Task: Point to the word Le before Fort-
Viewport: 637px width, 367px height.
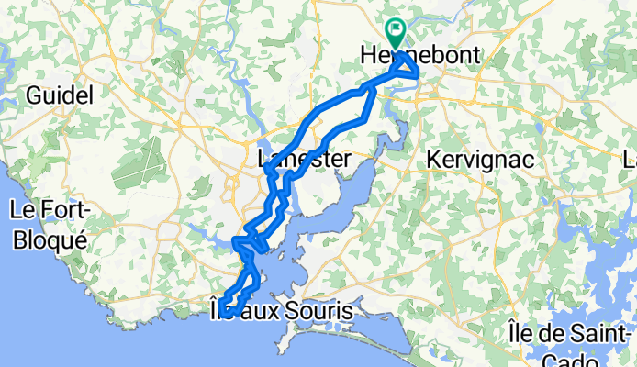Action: pos(21,210)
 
